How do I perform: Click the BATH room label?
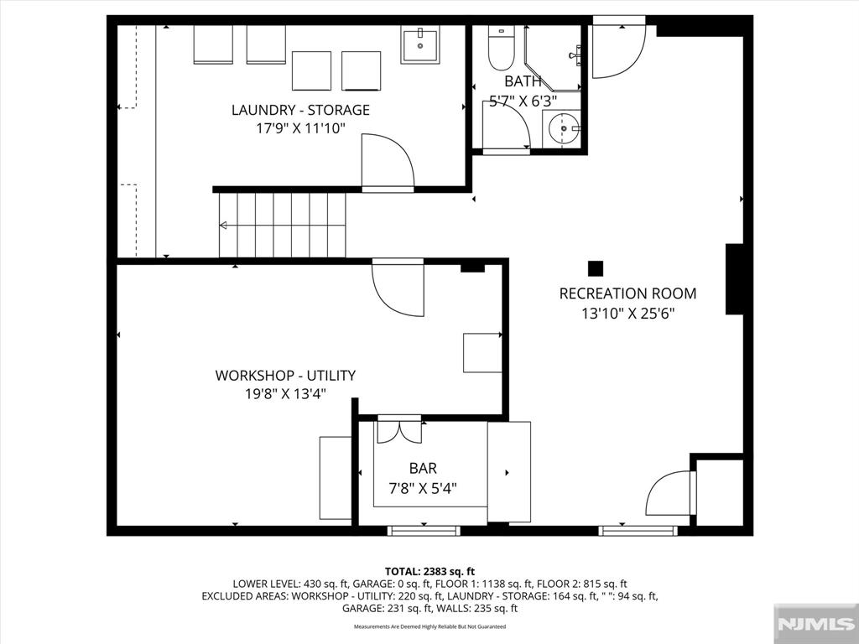click(523, 81)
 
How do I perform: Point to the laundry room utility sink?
click(421, 44)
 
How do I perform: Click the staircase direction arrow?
click(225, 225)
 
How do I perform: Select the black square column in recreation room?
click(595, 268)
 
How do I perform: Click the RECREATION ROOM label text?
click(627, 293)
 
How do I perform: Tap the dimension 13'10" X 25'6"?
click(628, 314)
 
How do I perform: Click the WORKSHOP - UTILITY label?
click(285, 376)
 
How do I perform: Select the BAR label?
click(423, 469)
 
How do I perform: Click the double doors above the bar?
click(399, 429)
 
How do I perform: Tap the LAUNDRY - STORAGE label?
click(300, 110)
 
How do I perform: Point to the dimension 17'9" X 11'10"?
click(300, 128)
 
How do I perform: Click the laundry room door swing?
click(386, 163)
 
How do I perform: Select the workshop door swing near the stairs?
click(398, 289)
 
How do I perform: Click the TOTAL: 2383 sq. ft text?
click(429, 571)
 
